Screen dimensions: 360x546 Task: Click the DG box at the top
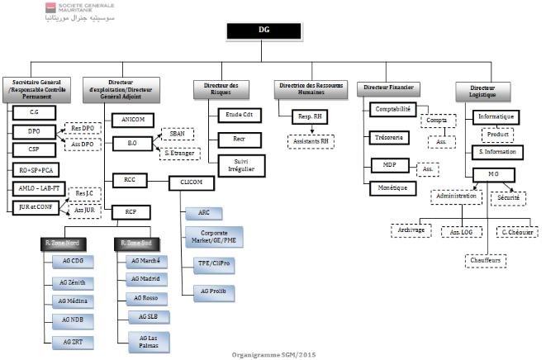click(264, 31)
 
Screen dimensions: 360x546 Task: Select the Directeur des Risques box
click(223, 90)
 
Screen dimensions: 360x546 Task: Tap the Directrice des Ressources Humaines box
click(310, 90)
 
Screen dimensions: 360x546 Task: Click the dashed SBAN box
click(176, 132)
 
